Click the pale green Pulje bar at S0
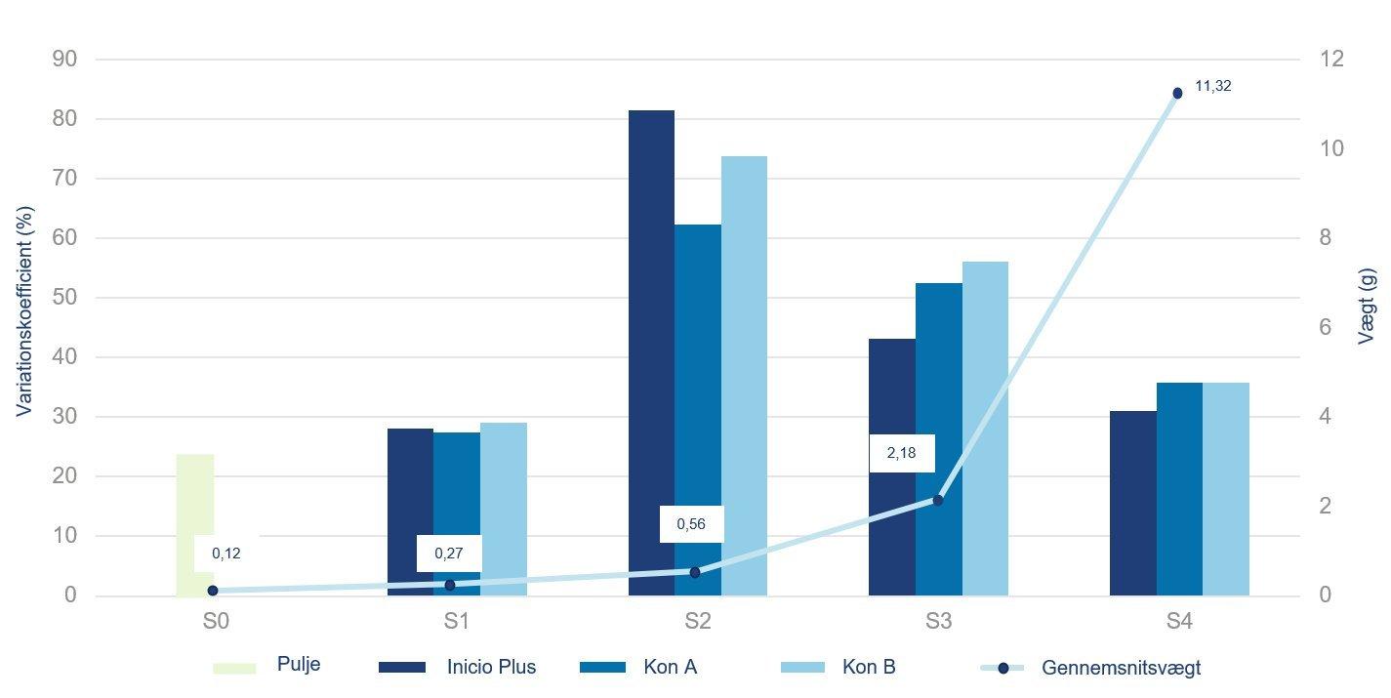(195, 508)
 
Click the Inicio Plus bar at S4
(1132, 503)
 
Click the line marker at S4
(1177, 93)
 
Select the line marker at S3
(938, 501)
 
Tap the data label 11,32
(1213, 86)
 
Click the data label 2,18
(902, 453)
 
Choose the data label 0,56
(691, 524)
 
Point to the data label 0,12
(226, 554)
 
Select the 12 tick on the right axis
(1332, 60)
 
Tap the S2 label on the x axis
(697, 621)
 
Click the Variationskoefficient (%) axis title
(24, 310)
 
